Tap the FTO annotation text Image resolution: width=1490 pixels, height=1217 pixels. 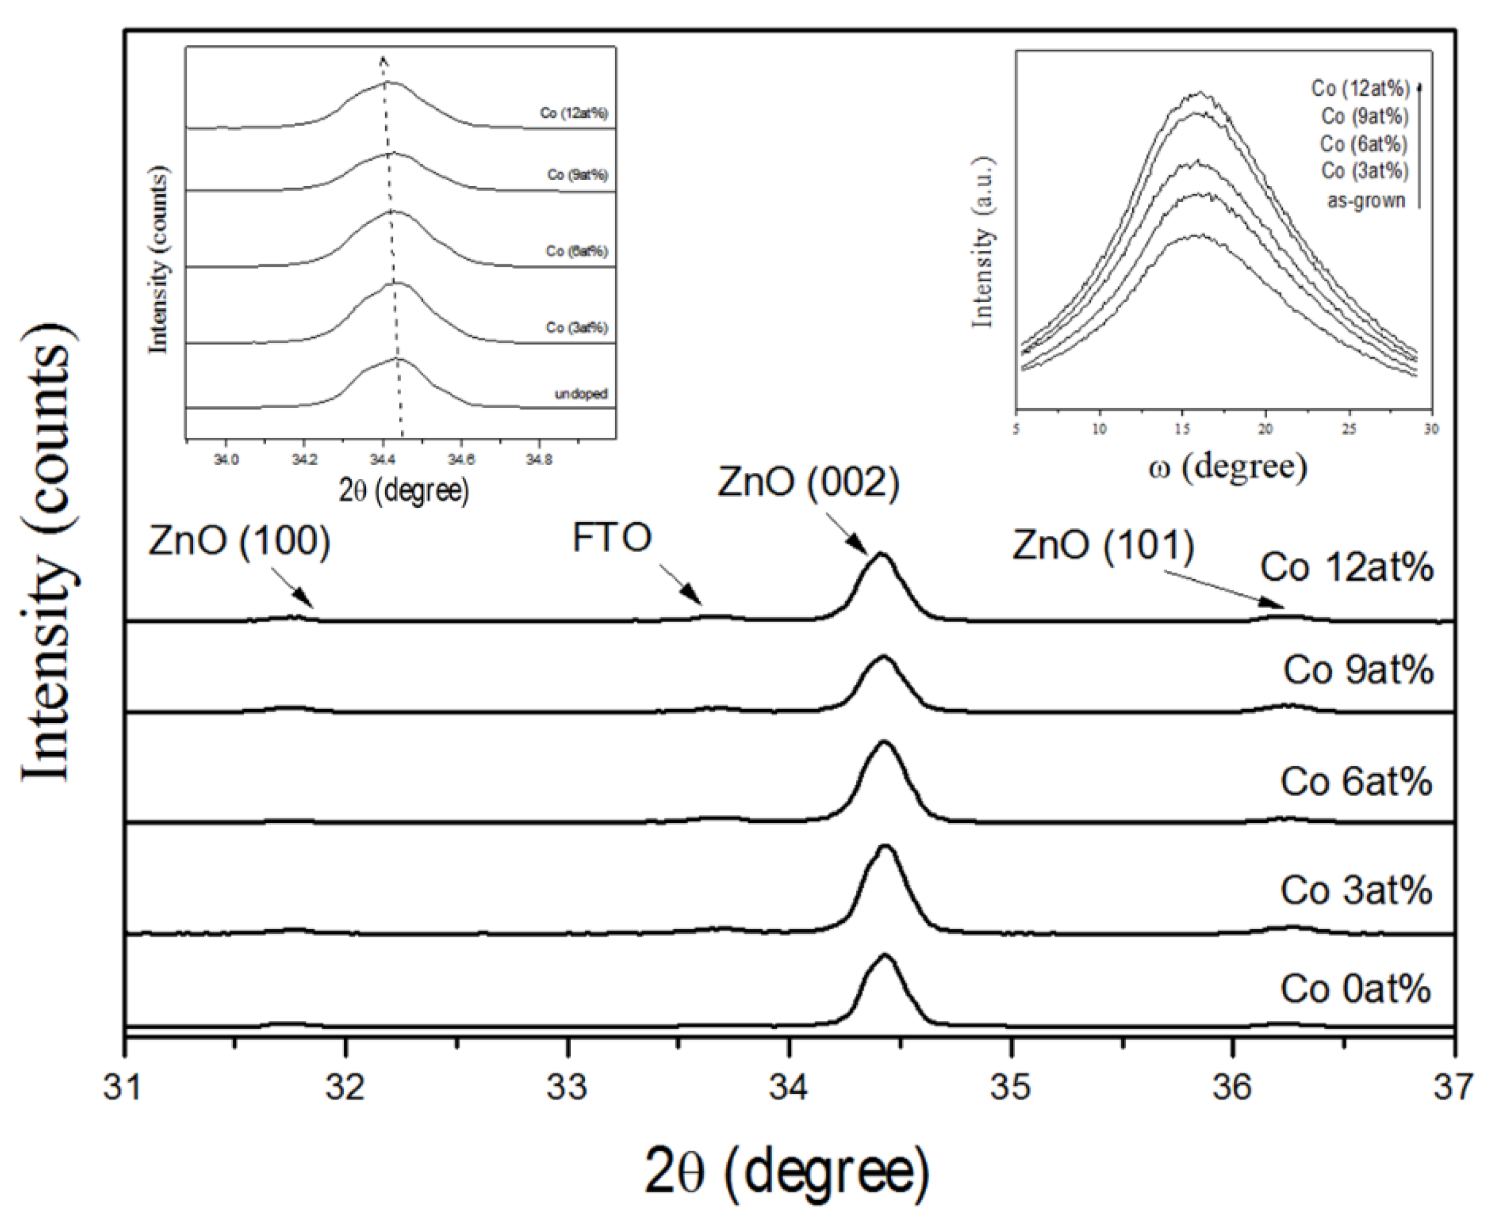[x=612, y=538]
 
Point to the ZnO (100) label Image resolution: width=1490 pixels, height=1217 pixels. [x=239, y=541]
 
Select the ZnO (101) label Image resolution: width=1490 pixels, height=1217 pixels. [x=1103, y=545]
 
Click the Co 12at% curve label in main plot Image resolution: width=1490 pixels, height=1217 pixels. [x=1346, y=567]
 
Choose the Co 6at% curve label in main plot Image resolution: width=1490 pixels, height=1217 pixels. [x=1355, y=781]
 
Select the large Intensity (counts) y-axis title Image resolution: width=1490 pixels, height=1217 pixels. [x=46, y=554]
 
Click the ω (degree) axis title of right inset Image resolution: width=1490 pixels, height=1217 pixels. [x=1227, y=467]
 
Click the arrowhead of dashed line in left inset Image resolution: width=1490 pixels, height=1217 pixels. [x=383, y=60]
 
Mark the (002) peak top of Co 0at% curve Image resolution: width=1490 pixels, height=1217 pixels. [x=885, y=956]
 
